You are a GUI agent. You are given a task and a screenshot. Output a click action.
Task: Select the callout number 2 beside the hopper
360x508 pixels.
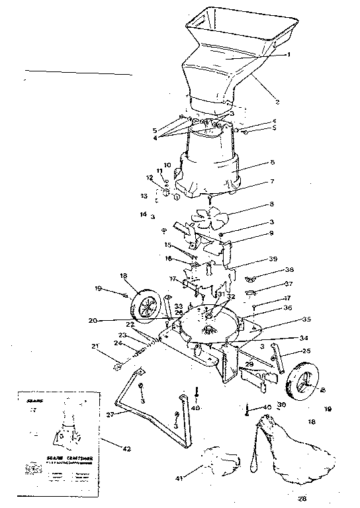(x=277, y=102)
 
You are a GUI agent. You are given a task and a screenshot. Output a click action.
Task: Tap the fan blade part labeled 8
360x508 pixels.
(x=208, y=217)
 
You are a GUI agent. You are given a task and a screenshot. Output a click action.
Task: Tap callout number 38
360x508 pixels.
(x=271, y=270)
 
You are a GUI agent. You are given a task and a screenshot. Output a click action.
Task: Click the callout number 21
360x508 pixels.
(x=97, y=346)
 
